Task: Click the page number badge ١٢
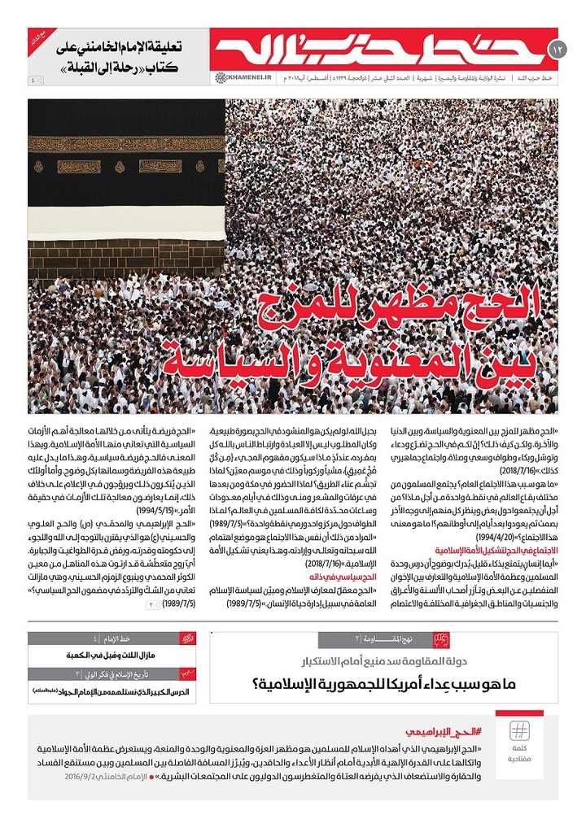click(558, 50)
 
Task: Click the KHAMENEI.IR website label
click(234, 78)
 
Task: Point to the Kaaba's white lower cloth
click(126, 216)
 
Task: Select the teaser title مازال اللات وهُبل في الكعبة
click(112, 656)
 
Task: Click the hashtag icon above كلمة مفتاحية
click(519, 730)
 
